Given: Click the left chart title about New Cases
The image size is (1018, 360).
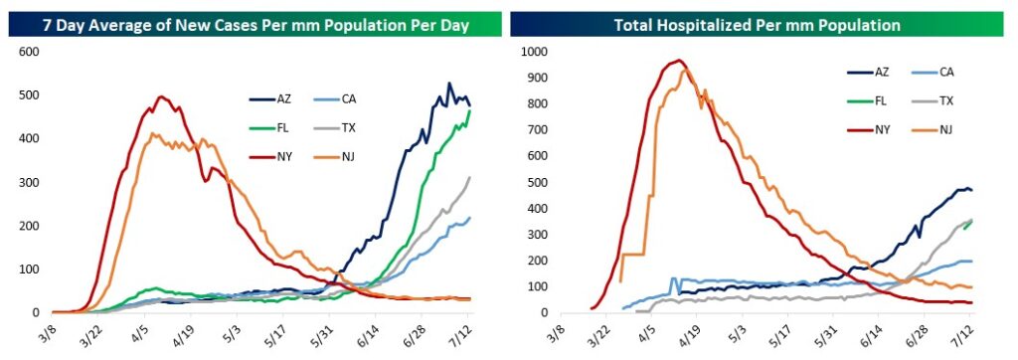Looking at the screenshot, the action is [254, 25].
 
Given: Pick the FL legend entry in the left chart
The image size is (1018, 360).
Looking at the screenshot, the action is [268, 127].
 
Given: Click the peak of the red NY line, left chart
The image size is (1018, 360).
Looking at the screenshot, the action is [161, 96].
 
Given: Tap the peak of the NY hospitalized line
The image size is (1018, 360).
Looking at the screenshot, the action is [678, 61].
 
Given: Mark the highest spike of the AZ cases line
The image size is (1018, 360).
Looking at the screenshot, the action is [448, 84].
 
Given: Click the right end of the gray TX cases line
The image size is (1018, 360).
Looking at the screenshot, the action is [469, 177].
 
